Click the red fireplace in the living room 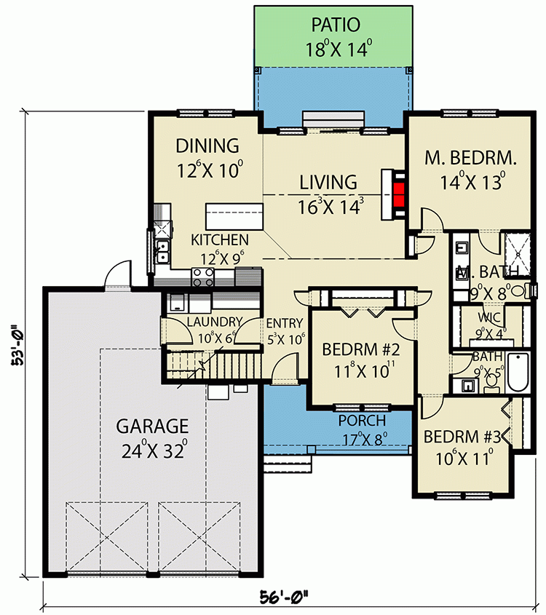click(x=398, y=194)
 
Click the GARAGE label click(x=153, y=426)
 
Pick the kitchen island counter click(x=234, y=217)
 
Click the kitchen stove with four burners click(x=202, y=276)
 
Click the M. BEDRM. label click(x=471, y=158)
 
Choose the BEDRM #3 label click(x=462, y=437)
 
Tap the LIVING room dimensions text click(x=330, y=206)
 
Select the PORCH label click(x=362, y=421)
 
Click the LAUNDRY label click(x=213, y=322)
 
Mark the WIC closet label click(x=486, y=318)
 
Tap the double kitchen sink click(x=162, y=252)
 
